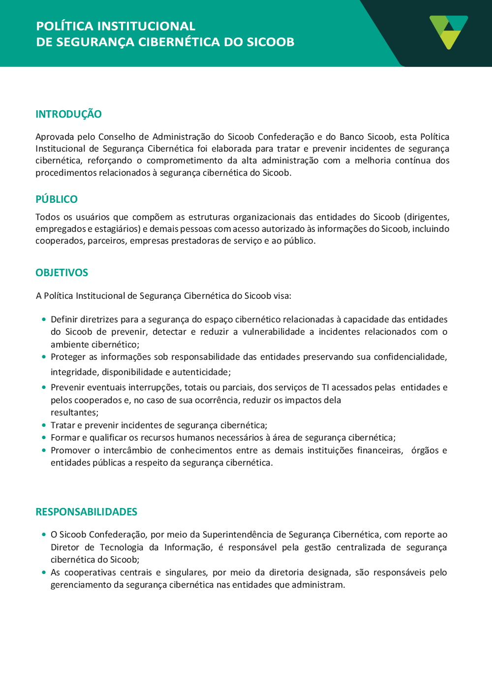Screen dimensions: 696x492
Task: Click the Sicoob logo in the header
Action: (448, 32)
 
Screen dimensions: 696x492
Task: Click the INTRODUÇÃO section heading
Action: (68, 114)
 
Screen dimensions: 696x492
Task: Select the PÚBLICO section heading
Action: (57, 199)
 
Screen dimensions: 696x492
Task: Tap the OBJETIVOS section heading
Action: (62, 273)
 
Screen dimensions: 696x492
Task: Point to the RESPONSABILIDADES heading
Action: (86, 512)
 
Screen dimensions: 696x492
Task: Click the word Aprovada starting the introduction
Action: (55, 137)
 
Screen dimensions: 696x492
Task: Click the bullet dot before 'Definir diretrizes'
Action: (44, 319)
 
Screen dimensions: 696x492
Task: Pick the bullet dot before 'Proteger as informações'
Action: (44, 357)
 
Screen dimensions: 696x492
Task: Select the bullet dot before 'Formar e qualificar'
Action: (44, 438)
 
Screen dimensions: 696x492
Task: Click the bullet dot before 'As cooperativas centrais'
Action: (44, 572)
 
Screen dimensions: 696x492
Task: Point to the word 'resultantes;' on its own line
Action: (74, 412)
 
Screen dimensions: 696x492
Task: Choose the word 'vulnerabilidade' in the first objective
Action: (274, 332)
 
